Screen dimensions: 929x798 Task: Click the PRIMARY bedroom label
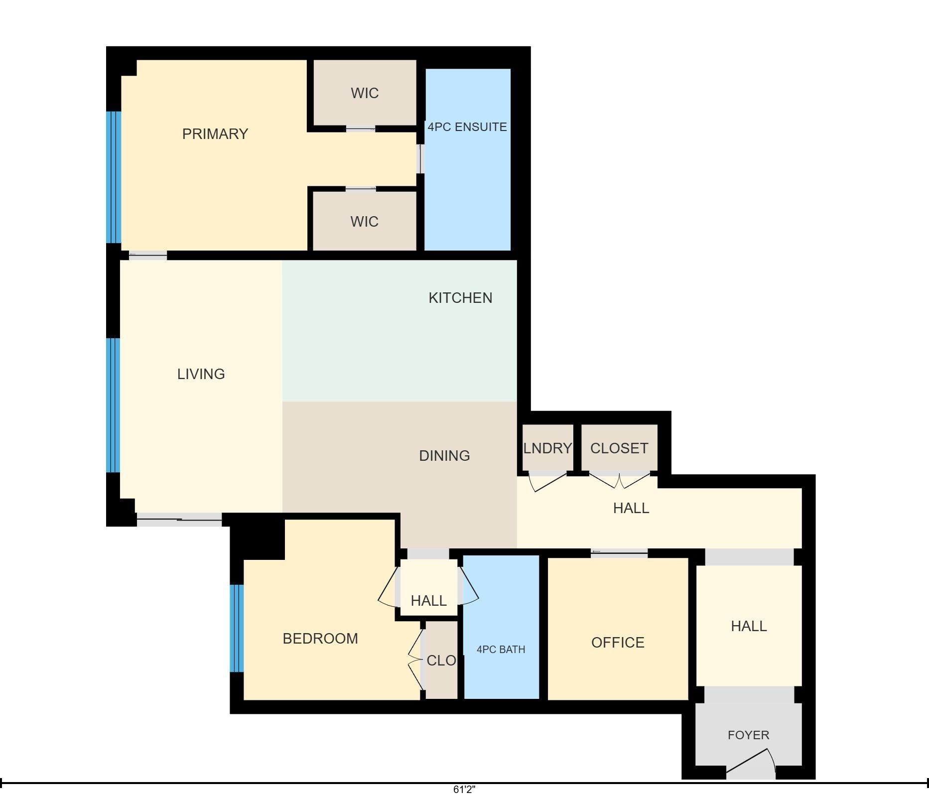pos(215,134)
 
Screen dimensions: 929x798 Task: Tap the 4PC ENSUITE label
pos(467,127)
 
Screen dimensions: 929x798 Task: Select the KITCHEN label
pos(460,298)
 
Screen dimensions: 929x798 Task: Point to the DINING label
pos(444,456)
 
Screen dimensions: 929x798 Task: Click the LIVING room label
pos(201,374)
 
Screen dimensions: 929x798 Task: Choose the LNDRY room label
pos(547,448)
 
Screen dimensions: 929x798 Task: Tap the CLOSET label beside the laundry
pos(619,448)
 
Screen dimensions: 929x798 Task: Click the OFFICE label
pos(618,643)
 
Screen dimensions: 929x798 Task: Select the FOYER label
pos(748,735)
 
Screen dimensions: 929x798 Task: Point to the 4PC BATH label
pos(501,650)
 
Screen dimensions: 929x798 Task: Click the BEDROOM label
pos(320,639)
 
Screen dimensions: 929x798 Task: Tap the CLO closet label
pos(441,661)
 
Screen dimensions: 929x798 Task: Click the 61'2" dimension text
pos(464,790)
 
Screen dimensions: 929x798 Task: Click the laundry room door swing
pos(547,482)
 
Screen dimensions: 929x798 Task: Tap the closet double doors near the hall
pos(620,480)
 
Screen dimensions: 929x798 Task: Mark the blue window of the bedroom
pos(237,628)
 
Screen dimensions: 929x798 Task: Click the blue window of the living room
pos(114,405)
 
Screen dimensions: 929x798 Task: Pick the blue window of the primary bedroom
pos(114,177)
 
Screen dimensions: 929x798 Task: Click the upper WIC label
pos(365,93)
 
